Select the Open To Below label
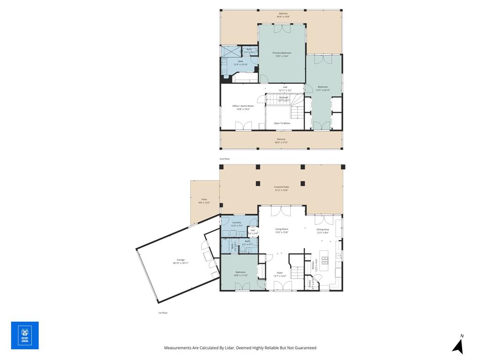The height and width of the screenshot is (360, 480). click(x=282, y=123)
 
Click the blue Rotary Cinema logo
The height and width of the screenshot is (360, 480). click(x=25, y=335)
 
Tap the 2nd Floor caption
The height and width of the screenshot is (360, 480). click(x=225, y=159)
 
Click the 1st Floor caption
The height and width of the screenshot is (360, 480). click(x=162, y=313)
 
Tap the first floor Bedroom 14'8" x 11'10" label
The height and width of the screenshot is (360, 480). click(x=240, y=274)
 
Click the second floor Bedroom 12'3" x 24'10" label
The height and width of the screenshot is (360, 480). click(x=323, y=88)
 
